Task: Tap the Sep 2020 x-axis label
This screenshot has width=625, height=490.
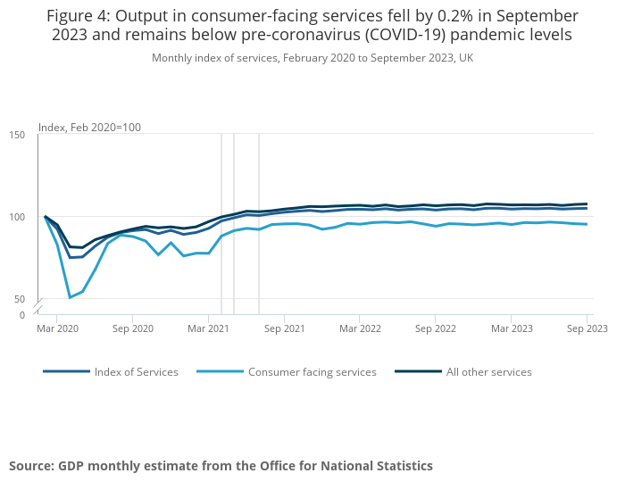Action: (x=132, y=328)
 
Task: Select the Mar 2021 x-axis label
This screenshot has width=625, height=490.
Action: (x=208, y=328)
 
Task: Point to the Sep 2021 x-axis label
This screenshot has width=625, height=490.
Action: (x=284, y=328)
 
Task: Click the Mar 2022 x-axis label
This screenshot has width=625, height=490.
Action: (x=359, y=328)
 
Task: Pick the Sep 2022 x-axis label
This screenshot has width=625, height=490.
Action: (x=435, y=328)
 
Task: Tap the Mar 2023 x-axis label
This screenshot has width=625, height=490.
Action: (x=511, y=328)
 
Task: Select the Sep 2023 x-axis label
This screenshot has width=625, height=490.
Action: (x=587, y=328)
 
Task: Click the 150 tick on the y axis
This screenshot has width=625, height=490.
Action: (x=18, y=135)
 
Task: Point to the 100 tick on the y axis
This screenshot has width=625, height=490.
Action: (x=18, y=217)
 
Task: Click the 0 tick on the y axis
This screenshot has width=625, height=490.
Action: (x=23, y=315)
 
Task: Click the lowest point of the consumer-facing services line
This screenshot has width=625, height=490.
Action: (x=70, y=297)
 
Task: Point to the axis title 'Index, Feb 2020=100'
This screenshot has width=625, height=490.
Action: (x=89, y=128)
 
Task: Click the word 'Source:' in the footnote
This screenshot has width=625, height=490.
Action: (x=32, y=466)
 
